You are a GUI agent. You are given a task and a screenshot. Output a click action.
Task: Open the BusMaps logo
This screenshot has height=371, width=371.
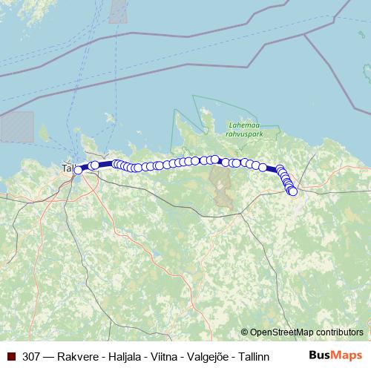coord(335,355)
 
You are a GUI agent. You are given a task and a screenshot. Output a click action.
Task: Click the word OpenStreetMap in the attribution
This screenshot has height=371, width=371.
coord(282,332)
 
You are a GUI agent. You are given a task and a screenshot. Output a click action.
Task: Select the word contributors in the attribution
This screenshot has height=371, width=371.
coord(340,332)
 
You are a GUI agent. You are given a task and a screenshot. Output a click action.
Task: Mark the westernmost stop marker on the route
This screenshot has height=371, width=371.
coord(78,170)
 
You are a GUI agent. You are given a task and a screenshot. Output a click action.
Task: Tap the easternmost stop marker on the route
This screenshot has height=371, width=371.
coord(292,191)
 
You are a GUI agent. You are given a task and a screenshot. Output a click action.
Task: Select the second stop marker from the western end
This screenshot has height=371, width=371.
coord(94,165)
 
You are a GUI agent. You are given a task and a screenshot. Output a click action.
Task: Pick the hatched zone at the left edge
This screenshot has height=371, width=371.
coord(16,126)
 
